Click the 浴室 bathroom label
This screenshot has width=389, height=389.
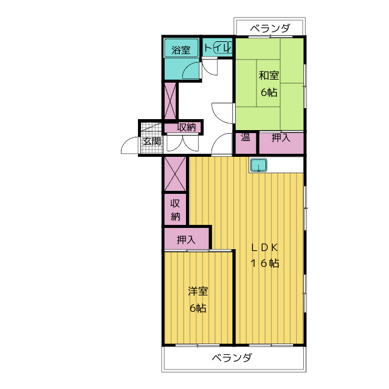(181, 50)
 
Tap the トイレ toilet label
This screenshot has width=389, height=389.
(218, 47)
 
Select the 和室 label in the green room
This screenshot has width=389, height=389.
(269, 75)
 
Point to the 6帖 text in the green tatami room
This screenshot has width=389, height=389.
(269, 92)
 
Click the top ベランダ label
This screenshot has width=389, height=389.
(270, 28)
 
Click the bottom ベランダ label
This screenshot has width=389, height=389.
(232, 358)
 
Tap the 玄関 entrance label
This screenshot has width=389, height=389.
(151, 142)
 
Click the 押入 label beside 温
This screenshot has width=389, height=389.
(281, 138)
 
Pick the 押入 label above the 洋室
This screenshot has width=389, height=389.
(186, 239)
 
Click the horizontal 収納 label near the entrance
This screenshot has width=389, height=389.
(187, 127)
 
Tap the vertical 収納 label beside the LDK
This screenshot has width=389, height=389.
(175, 210)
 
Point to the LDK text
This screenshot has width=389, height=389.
(264, 247)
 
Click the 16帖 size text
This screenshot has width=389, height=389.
(265, 263)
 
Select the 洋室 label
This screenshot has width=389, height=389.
(198, 291)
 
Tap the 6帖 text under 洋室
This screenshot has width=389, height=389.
(198, 308)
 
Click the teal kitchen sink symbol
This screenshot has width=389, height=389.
(258, 165)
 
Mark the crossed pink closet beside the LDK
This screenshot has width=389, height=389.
(175, 174)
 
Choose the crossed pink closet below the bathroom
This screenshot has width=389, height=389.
(170, 101)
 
